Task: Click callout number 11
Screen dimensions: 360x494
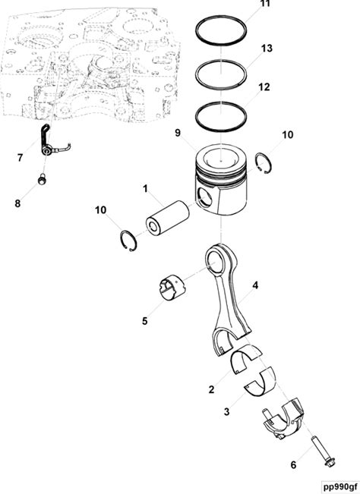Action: click(x=265, y=4)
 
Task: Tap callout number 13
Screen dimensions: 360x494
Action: click(x=267, y=49)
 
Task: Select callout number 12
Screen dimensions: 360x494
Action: click(x=264, y=87)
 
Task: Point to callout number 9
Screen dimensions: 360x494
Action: click(x=178, y=133)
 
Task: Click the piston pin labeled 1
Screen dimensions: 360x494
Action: click(x=167, y=219)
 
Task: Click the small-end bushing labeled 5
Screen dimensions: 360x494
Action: click(x=172, y=286)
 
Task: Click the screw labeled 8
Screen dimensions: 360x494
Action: click(x=42, y=179)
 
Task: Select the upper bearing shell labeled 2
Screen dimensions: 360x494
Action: click(x=247, y=358)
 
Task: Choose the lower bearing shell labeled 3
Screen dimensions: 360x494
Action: click(x=261, y=381)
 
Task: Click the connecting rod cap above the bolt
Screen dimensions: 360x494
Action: click(x=283, y=420)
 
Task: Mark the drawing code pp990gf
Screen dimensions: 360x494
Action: click(x=341, y=486)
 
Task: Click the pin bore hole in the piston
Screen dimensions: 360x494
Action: click(x=204, y=197)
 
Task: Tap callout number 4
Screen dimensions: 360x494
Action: click(x=255, y=285)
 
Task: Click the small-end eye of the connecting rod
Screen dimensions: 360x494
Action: click(x=218, y=260)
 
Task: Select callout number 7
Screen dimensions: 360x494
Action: click(x=21, y=158)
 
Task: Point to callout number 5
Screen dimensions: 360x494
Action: click(x=144, y=321)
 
